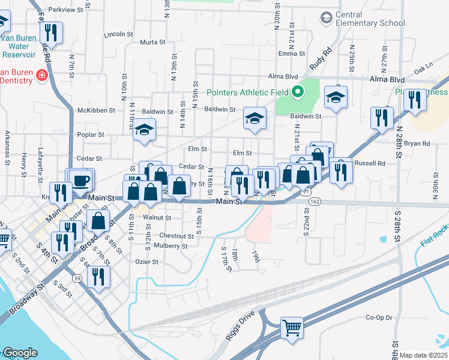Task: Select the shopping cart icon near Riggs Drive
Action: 292,327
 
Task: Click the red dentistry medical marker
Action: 42,76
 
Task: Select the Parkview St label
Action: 66,10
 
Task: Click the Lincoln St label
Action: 118,34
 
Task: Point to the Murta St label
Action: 152,42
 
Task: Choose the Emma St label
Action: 288,54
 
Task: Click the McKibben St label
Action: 92,110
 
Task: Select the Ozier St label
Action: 146,262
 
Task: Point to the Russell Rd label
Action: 370,163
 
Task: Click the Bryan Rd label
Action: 417,143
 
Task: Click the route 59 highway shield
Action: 77,278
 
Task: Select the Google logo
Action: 20,353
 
